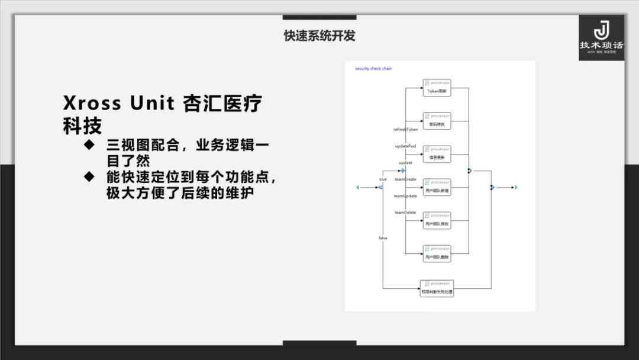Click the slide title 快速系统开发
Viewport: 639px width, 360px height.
point(319,36)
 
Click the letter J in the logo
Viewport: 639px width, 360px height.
point(601,30)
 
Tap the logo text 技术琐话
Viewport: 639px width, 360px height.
point(601,45)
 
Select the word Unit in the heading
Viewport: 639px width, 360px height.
point(152,104)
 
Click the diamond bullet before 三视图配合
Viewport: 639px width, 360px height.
point(89,144)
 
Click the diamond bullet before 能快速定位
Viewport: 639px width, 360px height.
point(89,176)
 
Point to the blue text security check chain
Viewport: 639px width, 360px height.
point(373,69)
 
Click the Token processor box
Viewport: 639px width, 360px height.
point(437,88)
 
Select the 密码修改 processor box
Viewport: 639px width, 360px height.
point(437,121)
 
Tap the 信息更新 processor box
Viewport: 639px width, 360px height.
point(437,154)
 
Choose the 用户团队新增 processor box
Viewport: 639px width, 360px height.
point(437,187)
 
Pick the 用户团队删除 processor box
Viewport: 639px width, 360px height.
point(437,253)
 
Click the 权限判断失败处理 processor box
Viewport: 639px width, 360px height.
point(437,288)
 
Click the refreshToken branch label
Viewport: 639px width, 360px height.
point(406,129)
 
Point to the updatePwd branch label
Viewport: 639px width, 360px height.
point(405,146)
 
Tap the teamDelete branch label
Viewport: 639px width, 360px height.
point(405,212)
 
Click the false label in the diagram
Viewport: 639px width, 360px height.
point(383,237)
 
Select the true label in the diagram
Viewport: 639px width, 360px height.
point(383,179)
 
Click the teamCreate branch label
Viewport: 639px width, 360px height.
point(405,179)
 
